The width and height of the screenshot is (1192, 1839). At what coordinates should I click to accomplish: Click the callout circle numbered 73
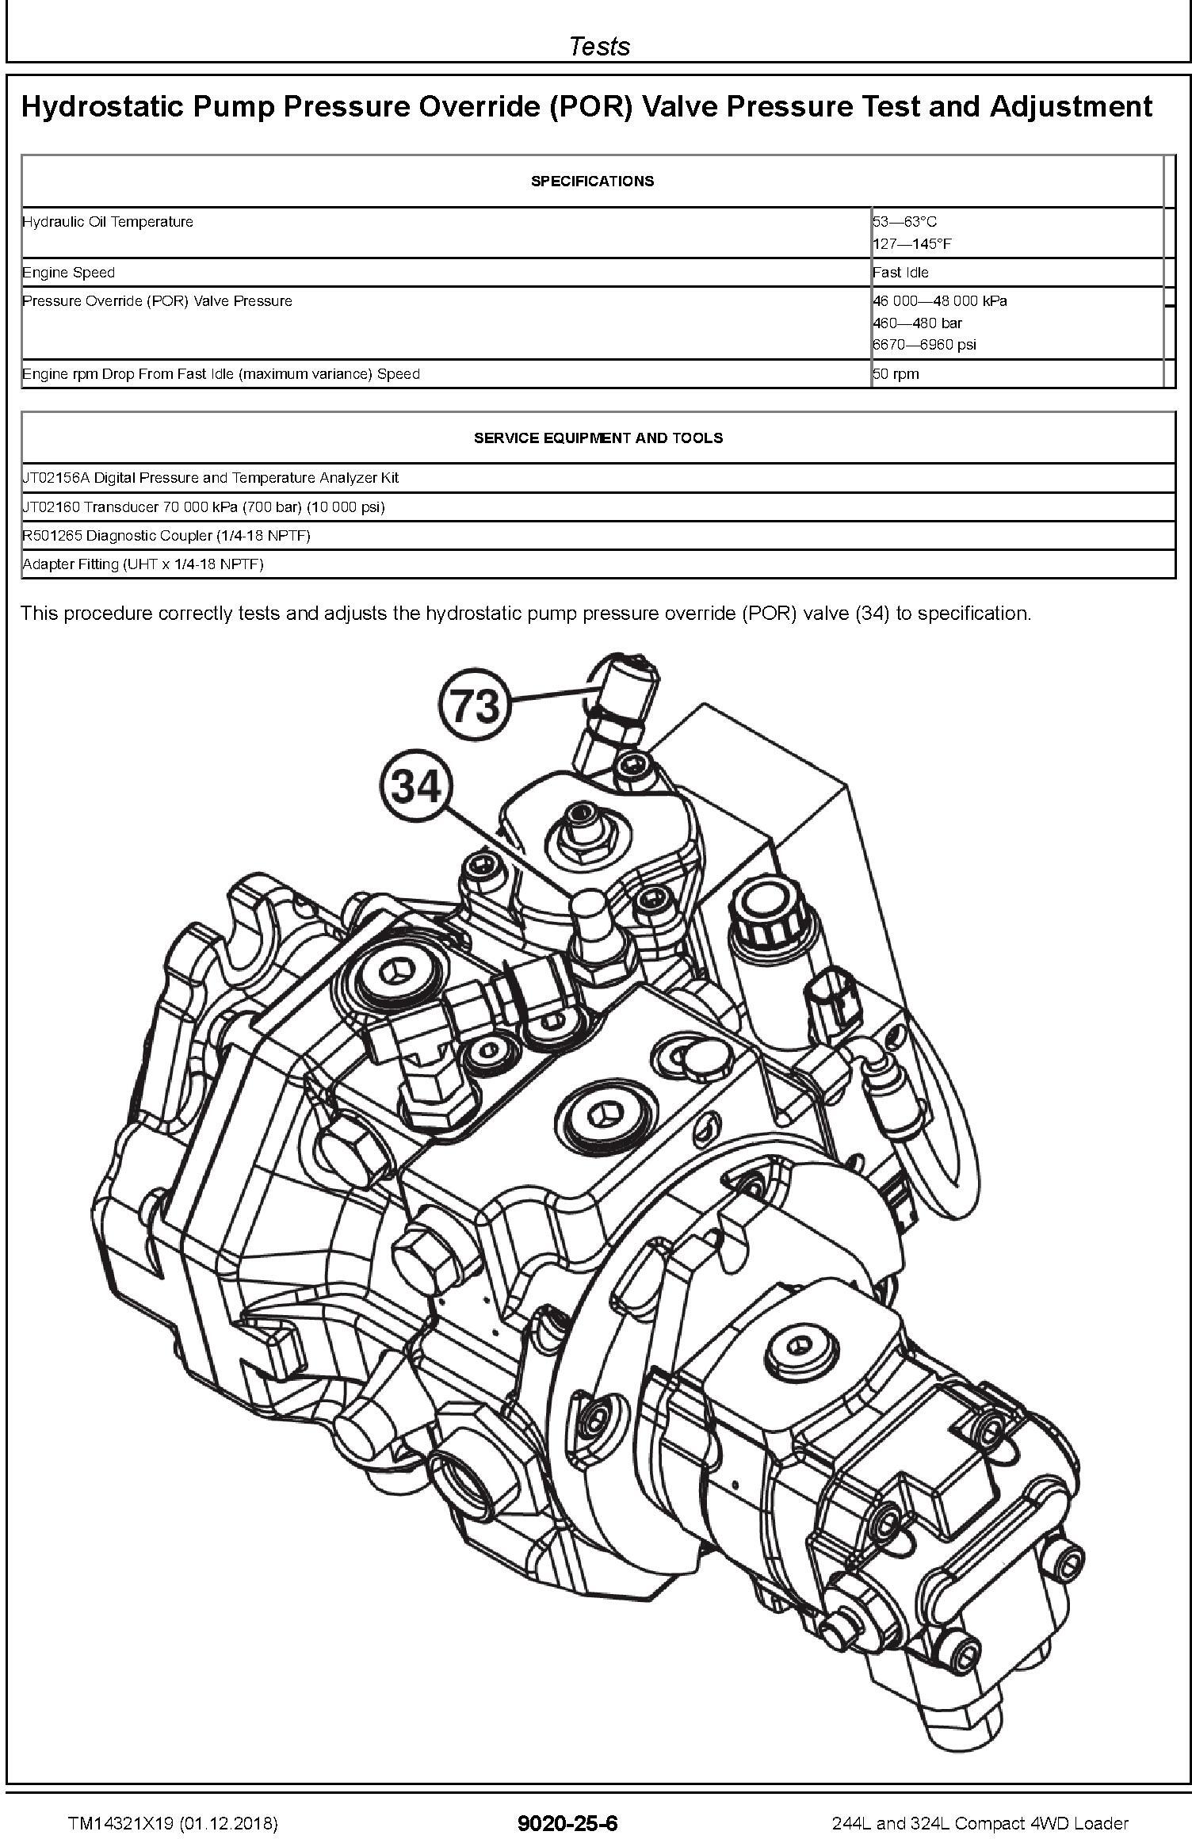[474, 704]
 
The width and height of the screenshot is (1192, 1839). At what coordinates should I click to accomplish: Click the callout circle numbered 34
[416, 788]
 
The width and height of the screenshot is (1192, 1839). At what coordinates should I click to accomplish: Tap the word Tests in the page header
[599, 46]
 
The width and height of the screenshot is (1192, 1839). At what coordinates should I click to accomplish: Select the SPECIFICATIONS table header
[592, 182]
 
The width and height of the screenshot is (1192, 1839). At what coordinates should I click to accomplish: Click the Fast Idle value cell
[900, 273]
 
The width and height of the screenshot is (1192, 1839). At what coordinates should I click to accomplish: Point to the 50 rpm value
[896, 374]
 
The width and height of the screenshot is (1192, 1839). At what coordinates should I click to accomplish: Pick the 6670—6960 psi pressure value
[924, 345]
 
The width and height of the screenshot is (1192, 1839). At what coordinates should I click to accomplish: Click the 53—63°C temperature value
[904, 222]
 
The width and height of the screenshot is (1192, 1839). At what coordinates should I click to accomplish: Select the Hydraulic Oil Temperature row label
[108, 222]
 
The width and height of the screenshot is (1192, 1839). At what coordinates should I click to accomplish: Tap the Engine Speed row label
[69, 273]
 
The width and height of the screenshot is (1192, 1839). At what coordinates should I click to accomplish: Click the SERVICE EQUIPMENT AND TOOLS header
[598, 438]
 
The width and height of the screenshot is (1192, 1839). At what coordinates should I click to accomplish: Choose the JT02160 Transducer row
[204, 507]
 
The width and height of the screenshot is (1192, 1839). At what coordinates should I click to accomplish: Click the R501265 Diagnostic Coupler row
[166, 536]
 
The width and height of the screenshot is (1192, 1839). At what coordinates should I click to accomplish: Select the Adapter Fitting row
[143, 564]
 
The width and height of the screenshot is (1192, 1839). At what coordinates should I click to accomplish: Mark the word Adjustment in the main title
[1071, 107]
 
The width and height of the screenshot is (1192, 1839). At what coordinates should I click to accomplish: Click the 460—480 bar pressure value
[917, 323]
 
